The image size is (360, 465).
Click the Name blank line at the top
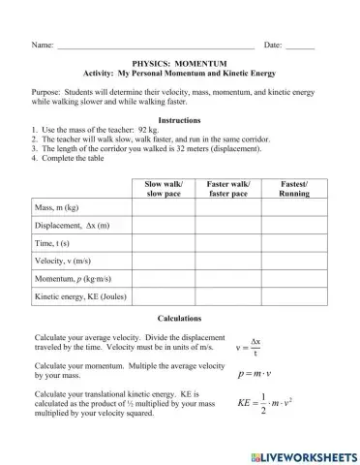pos(155,46)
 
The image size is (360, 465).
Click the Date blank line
pos(300,46)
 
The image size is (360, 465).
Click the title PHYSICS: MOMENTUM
pos(179,60)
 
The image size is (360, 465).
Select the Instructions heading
pos(179,119)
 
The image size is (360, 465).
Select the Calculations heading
pos(179,318)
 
